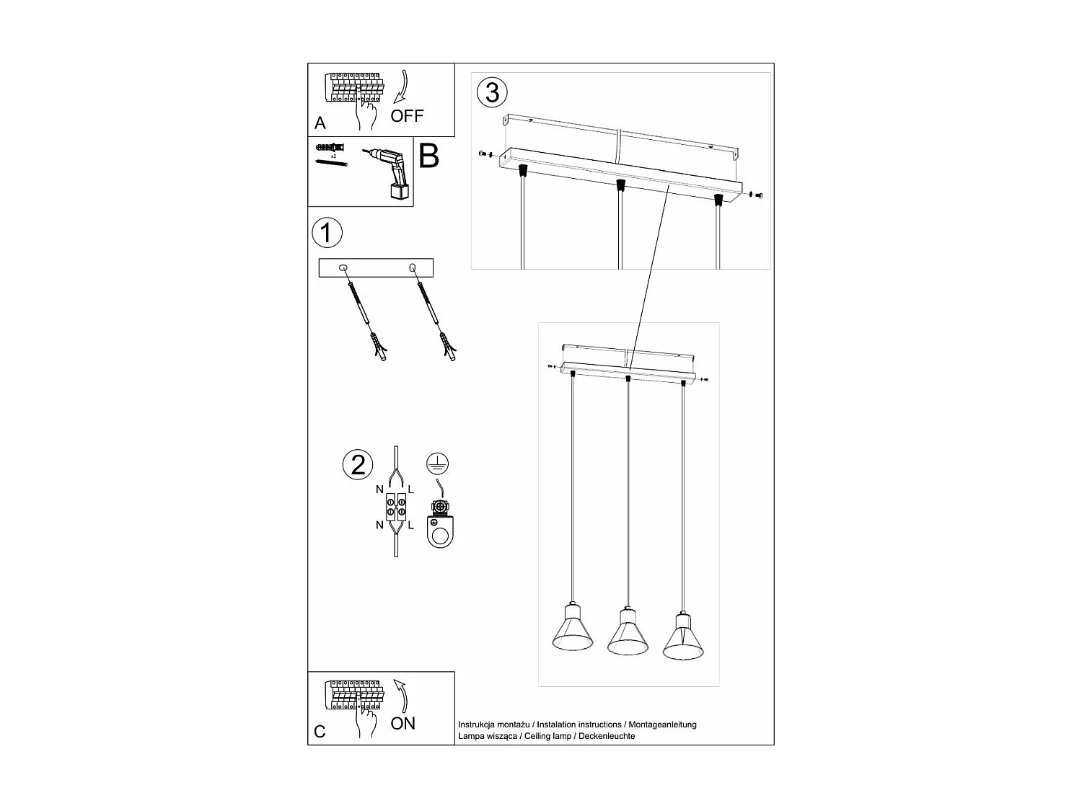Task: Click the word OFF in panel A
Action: [407, 115]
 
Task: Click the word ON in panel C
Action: [403, 723]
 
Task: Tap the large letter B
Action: [428, 156]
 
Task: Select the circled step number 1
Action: [327, 234]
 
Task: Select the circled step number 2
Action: [358, 465]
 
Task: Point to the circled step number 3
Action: [492, 93]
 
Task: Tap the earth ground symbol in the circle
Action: [434, 464]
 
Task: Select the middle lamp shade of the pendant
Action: [627, 634]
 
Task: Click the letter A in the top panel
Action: [320, 123]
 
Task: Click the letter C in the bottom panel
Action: [320, 732]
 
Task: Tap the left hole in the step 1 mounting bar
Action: [343, 267]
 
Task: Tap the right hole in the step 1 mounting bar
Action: [413, 268]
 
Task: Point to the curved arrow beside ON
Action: [400, 696]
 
